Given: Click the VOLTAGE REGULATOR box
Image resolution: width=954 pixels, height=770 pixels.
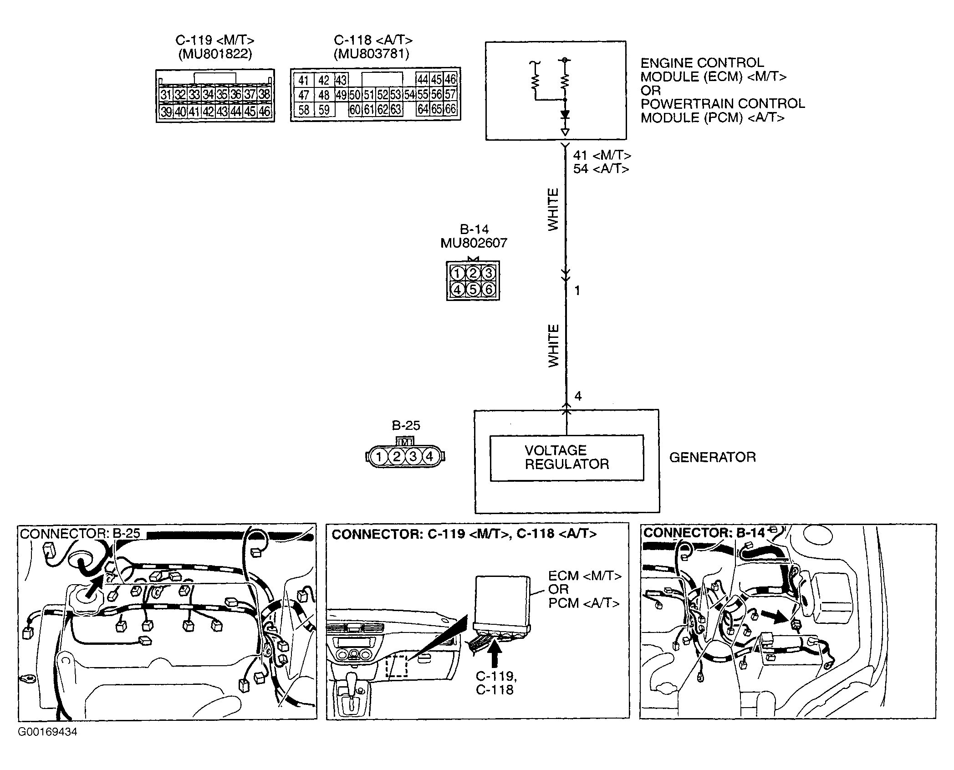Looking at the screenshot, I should click(566, 458).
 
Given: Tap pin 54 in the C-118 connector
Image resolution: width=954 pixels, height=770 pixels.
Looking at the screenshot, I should click(410, 95).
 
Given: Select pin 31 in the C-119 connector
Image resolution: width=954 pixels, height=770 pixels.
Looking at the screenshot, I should click(166, 95).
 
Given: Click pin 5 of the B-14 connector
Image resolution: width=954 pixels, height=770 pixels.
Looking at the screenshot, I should click(473, 289).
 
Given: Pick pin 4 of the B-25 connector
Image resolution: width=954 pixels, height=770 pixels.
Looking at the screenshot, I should click(429, 456).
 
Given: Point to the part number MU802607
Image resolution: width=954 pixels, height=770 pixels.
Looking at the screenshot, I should click(474, 243).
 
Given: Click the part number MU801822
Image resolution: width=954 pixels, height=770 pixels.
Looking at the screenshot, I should click(215, 54).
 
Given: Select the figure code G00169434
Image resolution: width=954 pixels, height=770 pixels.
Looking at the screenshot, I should click(48, 732).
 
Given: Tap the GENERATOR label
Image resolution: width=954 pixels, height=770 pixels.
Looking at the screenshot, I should click(712, 457).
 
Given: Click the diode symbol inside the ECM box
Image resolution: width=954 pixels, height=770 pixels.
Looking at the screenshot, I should click(565, 115).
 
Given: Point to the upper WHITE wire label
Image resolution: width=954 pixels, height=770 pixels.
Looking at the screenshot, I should click(553, 209).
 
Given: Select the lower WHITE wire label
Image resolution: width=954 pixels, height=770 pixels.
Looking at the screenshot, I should click(553, 346).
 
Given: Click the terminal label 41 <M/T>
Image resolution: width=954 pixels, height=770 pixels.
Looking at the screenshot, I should click(602, 156).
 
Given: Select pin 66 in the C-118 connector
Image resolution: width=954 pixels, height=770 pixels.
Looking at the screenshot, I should click(450, 110).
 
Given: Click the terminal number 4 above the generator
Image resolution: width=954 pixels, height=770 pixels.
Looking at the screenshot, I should click(578, 396).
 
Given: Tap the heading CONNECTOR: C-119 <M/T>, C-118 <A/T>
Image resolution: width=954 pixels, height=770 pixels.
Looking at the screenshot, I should click(464, 534).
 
